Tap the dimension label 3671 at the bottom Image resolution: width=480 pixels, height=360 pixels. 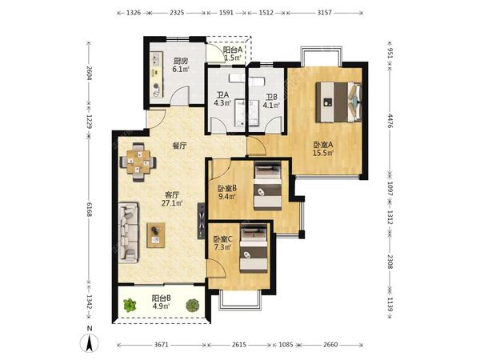click(x=161, y=345)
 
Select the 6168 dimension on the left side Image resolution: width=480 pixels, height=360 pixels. click(x=89, y=209)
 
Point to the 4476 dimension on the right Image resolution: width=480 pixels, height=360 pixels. click(x=390, y=121)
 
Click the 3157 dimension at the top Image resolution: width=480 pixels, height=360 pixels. click(x=324, y=13)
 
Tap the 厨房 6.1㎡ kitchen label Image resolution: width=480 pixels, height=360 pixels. click(x=180, y=66)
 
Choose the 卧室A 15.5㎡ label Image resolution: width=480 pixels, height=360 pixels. click(x=323, y=149)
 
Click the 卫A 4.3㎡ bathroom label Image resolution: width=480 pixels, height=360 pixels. click(x=222, y=99)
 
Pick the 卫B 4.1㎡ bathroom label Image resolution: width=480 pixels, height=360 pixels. click(x=271, y=102)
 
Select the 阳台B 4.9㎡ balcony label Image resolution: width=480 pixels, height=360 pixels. click(x=161, y=302)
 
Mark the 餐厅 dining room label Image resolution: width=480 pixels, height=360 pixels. click(x=179, y=146)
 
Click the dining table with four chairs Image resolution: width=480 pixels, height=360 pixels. click(x=138, y=162)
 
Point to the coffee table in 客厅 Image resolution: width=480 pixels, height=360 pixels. click(x=156, y=235)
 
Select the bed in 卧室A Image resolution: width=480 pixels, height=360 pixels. click(x=339, y=102)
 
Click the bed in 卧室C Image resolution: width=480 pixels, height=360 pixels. click(x=254, y=249)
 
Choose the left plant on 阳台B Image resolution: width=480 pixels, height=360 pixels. click(x=130, y=306)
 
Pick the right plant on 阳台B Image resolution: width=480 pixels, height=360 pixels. click(x=193, y=306)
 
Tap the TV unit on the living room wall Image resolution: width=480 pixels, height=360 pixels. click(x=201, y=221)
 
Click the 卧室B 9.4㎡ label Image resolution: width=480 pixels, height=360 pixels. click(x=227, y=192)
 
